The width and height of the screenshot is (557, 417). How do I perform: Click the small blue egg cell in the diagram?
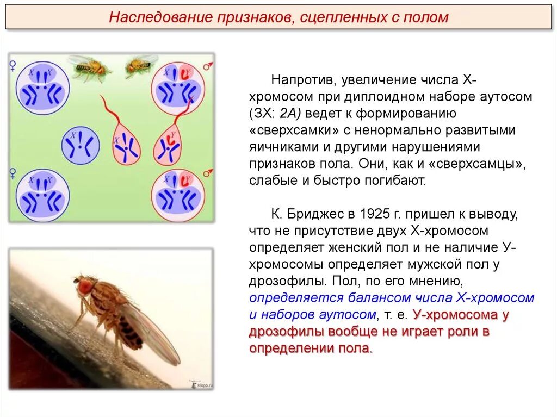79,145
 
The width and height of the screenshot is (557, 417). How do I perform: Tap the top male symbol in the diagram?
207,66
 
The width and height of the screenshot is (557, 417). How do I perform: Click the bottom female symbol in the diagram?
13,173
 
